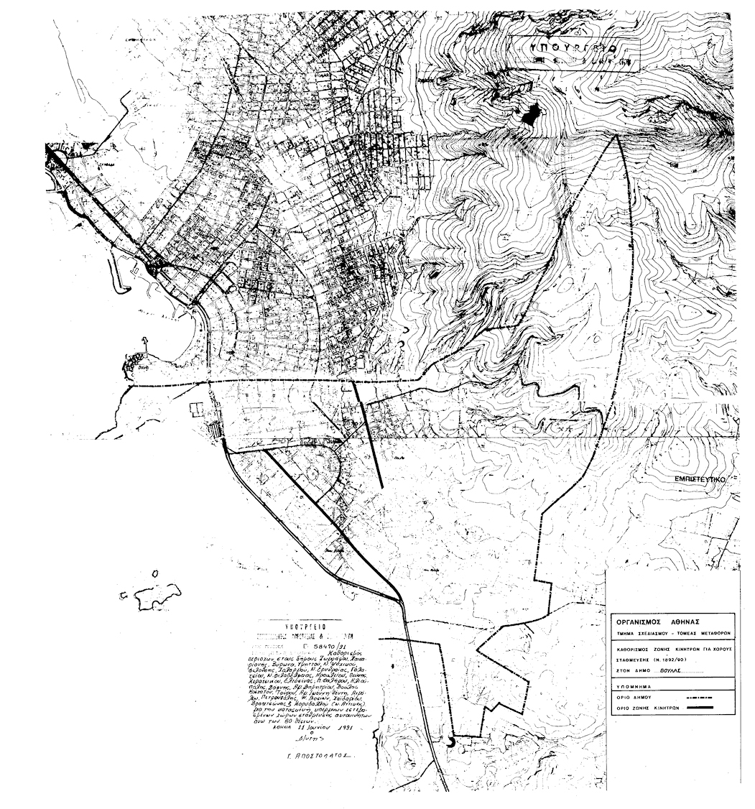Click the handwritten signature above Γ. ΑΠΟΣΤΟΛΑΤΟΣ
point(311,738)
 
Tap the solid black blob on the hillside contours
point(532,114)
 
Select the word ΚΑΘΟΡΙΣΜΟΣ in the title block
point(633,647)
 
